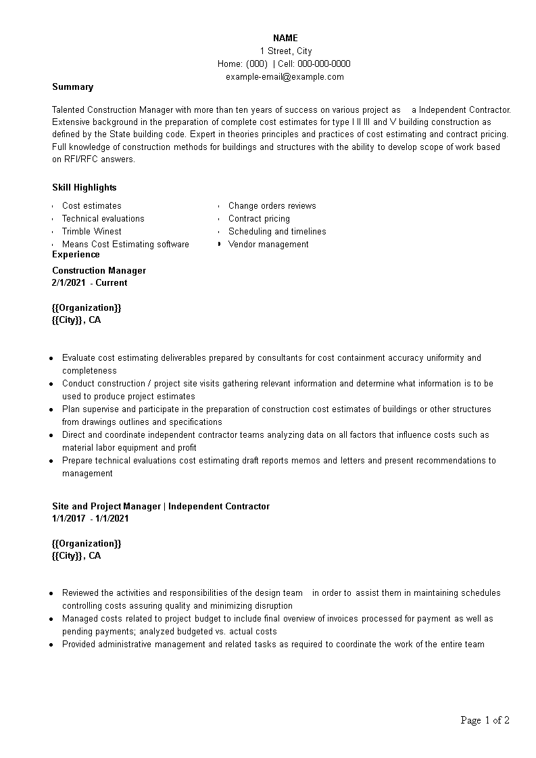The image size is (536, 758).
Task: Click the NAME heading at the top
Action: point(285,38)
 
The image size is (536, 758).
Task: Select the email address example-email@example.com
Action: point(285,76)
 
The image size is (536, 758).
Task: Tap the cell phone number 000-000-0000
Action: point(324,64)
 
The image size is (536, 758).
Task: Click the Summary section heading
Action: point(73,86)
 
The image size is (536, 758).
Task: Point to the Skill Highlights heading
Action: point(84,187)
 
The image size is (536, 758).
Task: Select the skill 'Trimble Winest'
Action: point(92,231)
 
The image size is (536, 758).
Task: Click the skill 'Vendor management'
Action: point(268,244)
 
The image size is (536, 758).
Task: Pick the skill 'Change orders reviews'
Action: point(272,205)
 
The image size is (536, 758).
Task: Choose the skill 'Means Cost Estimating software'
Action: point(126,244)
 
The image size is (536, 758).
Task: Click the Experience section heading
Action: point(76,254)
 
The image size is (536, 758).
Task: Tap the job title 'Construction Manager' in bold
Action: point(99,270)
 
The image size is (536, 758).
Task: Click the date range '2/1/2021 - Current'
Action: point(89,282)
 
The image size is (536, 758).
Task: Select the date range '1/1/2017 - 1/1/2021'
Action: point(90,518)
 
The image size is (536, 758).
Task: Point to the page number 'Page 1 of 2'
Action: point(485,720)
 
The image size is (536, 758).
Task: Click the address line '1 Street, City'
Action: point(285,51)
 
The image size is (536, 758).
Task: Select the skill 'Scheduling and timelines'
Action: point(277,231)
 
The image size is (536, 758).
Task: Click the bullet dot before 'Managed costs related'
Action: point(51,619)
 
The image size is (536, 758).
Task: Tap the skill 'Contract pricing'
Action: point(259,218)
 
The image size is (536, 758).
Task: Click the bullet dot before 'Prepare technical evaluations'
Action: point(51,461)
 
